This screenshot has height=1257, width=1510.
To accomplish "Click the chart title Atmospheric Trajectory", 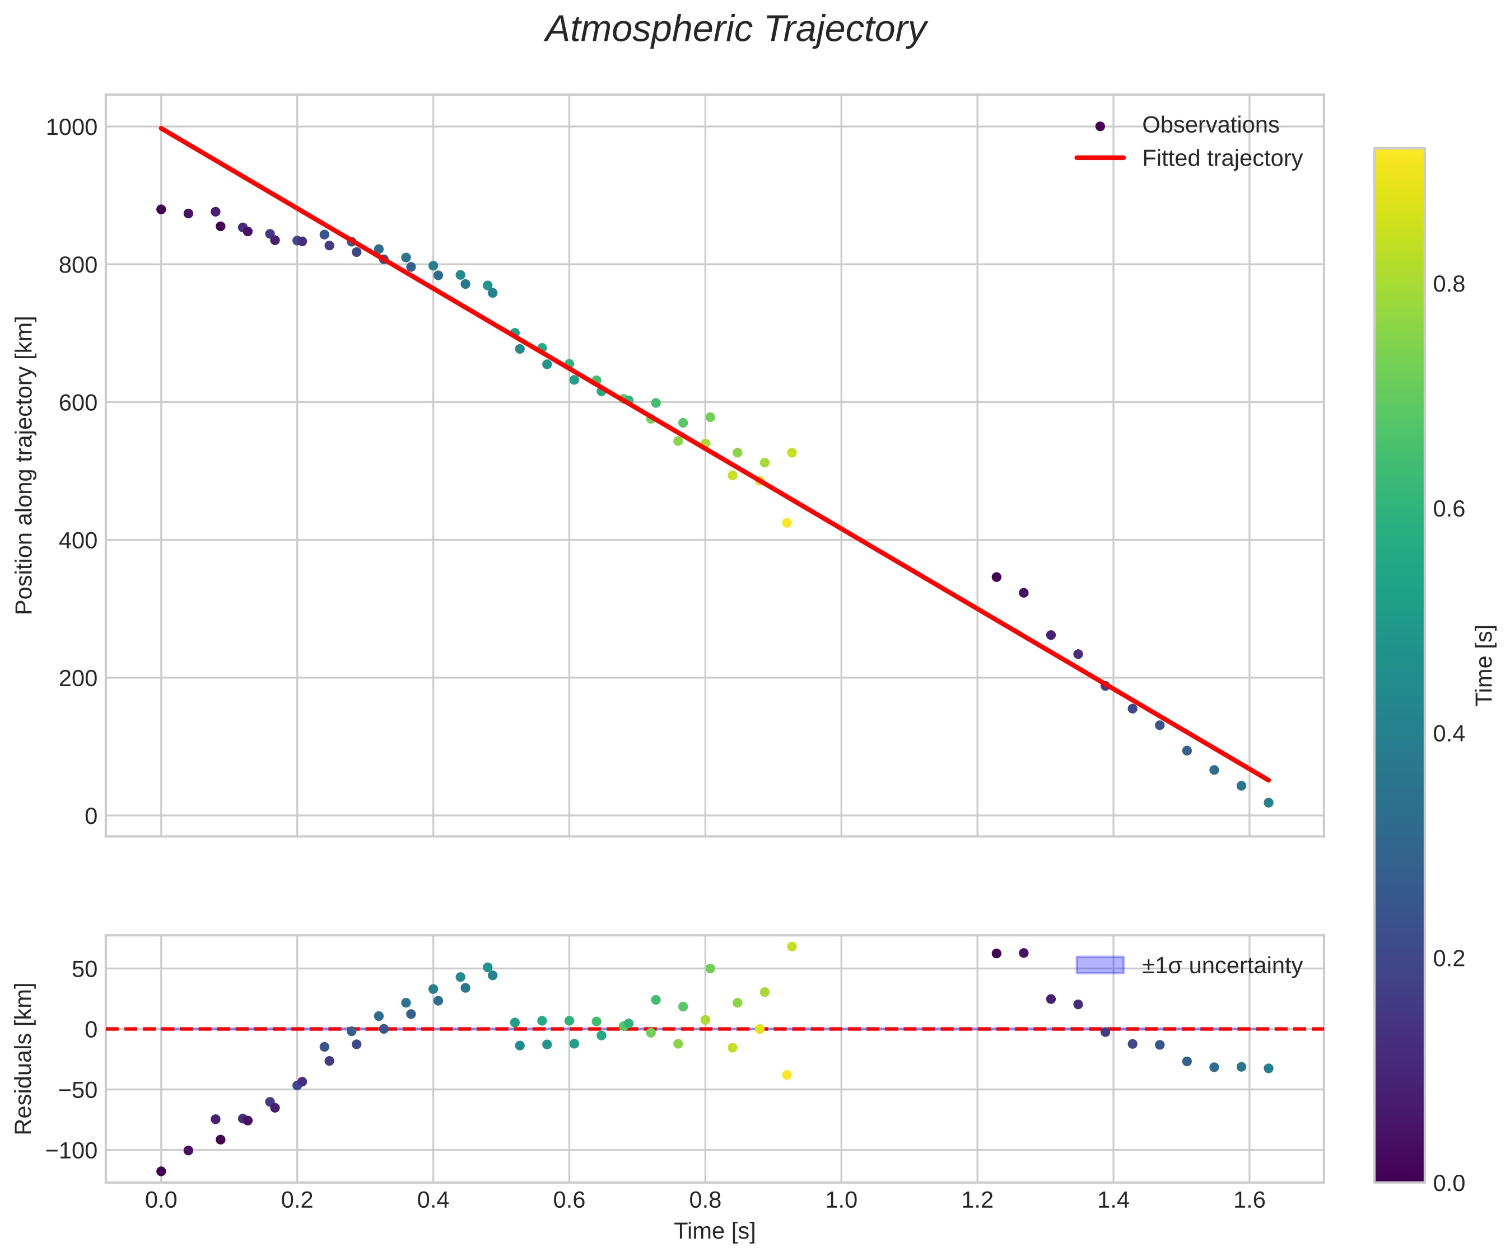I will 735,30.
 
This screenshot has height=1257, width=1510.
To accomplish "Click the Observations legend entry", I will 1210,125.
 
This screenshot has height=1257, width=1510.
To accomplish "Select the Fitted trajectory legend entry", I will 1222,158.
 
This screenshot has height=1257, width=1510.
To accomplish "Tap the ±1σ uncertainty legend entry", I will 1222,965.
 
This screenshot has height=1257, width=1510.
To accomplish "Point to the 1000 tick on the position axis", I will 71,127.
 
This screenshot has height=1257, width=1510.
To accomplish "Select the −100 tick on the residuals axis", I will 71,1151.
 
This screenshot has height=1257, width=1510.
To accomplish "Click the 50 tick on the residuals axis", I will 85,969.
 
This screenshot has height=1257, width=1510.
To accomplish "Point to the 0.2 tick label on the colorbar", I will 1448,958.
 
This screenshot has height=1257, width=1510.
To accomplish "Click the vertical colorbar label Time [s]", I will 1484,665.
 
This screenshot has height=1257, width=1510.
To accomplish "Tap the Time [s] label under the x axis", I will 714,1231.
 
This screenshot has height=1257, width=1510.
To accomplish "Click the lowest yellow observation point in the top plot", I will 786,523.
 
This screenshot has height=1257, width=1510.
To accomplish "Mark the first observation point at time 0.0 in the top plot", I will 161,209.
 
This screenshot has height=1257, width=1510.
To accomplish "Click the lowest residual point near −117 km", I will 161,1171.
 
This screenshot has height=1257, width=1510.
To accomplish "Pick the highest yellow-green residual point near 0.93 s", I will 791,946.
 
